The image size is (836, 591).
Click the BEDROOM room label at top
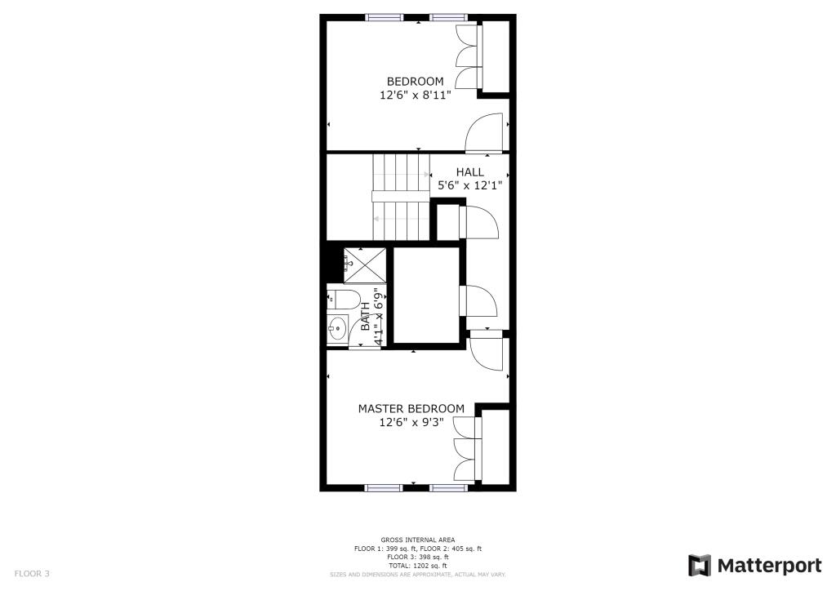(415, 82)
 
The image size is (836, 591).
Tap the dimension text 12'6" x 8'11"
(415, 96)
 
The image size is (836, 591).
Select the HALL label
(469, 172)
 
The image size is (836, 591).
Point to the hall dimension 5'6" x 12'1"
(469, 185)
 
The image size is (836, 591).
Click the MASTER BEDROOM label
(411, 408)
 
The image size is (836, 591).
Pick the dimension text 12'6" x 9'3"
(411, 423)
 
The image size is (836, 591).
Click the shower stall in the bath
(364, 264)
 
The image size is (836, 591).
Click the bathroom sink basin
(337, 329)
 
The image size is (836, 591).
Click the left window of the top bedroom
(384, 17)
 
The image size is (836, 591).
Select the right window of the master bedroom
(448, 488)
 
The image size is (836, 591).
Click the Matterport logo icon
(700, 566)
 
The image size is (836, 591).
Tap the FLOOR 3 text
(32, 574)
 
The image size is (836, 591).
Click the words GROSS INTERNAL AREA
(417, 540)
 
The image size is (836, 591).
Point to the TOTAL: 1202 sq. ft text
(417, 565)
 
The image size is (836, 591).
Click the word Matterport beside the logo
(769, 566)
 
